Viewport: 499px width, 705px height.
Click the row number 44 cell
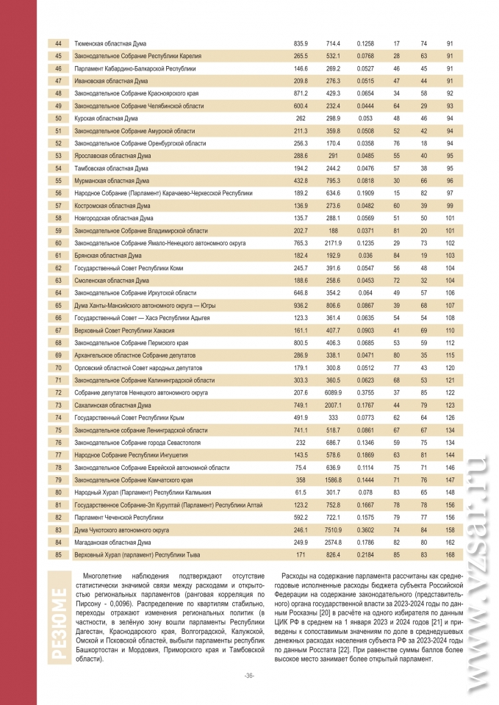click(x=58, y=44)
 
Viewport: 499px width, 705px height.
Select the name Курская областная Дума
click(x=106, y=118)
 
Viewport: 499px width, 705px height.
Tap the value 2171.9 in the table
click(x=334, y=243)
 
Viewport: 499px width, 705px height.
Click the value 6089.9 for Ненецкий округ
click(x=334, y=392)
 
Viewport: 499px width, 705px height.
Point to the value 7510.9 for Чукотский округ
click(x=334, y=529)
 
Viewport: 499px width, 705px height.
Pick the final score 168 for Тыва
click(x=449, y=554)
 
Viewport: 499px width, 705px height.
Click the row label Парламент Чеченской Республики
click(x=118, y=517)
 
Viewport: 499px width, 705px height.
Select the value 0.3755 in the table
click(x=365, y=392)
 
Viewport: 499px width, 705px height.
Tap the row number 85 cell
click(x=58, y=554)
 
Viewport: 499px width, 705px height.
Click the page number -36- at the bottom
click(x=249, y=676)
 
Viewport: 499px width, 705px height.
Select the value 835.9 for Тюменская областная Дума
click(x=301, y=44)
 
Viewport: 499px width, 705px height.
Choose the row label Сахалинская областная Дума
click(x=112, y=405)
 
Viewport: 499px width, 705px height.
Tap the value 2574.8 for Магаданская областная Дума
click(x=334, y=542)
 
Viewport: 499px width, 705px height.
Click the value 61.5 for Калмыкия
click(x=301, y=492)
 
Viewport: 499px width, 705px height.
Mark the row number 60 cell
click(x=58, y=243)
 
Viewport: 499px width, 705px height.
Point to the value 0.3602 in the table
click(x=365, y=529)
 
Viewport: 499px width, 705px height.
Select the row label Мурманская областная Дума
click(x=112, y=181)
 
